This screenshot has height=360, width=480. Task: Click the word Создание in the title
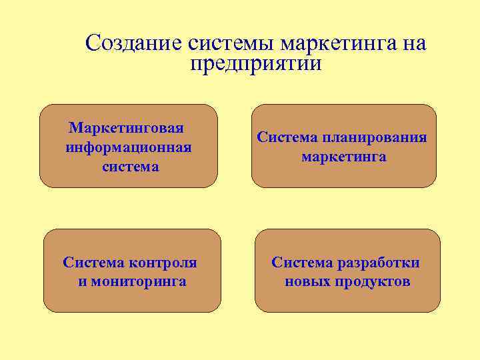[x=134, y=43]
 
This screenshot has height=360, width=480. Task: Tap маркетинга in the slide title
[x=339, y=45]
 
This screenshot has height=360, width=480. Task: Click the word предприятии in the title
[x=255, y=64]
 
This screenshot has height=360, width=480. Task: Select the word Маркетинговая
[x=127, y=127]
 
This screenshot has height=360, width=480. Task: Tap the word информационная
[x=129, y=147]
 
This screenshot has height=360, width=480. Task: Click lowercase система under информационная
[x=131, y=167]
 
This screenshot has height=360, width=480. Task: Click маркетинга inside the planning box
[x=343, y=157]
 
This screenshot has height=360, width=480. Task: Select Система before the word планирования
[x=288, y=137]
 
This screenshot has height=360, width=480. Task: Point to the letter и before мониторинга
[x=81, y=281]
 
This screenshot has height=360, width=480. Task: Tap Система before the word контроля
[x=94, y=262]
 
